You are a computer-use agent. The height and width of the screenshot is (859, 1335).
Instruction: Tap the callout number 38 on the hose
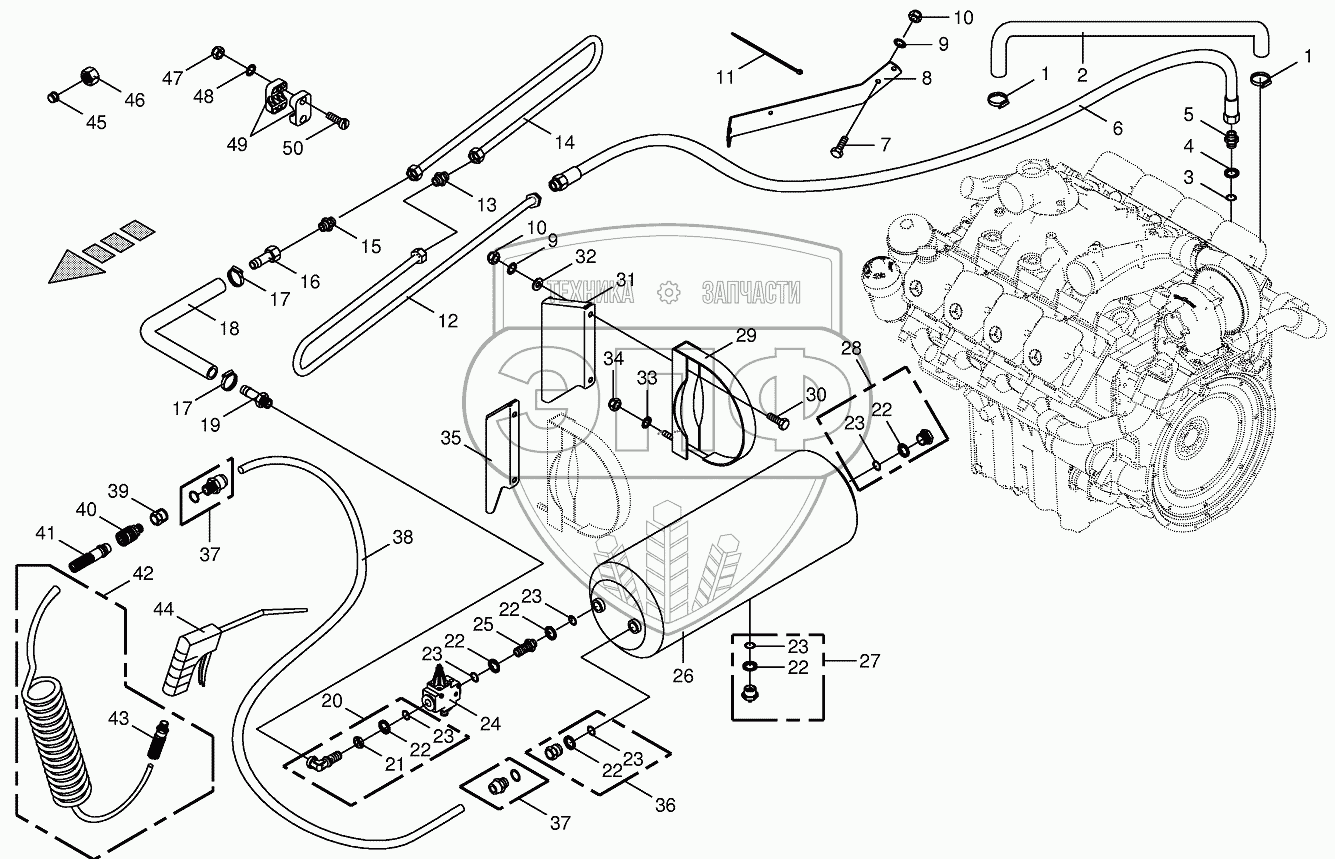point(403,537)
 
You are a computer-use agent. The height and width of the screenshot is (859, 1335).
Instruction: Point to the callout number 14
point(564,142)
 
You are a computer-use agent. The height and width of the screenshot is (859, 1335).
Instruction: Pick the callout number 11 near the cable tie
point(724,77)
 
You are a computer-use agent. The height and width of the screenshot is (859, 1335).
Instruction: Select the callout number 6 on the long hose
point(1117,128)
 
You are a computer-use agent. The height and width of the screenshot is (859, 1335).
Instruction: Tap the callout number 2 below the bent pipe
point(1082,75)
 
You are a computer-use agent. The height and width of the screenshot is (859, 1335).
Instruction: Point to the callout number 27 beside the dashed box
point(869,660)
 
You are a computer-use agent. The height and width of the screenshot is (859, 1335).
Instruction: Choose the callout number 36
point(665,805)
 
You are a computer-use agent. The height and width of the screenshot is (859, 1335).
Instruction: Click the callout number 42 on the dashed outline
point(142,573)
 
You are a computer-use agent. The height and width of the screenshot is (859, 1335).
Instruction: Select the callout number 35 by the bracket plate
point(451,438)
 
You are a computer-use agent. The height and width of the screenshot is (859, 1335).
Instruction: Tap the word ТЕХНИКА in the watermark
point(591,292)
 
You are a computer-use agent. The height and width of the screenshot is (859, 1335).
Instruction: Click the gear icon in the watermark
point(669,293)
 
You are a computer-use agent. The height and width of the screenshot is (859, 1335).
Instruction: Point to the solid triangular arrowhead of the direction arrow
point(76,268)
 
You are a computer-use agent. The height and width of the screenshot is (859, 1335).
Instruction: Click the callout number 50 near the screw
point(293,148)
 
